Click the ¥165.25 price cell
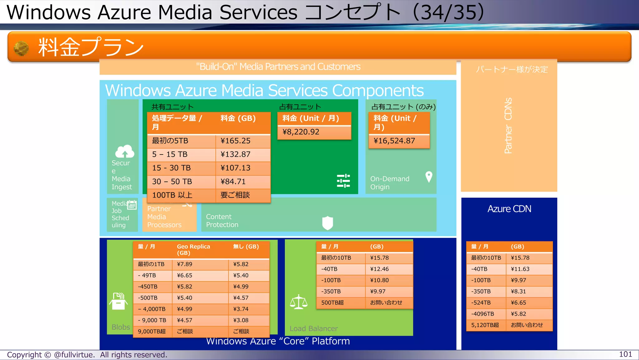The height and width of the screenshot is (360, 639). coord(236,141)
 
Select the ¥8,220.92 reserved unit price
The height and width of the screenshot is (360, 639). coord(301,132)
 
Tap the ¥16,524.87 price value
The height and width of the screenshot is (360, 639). coord(394,141)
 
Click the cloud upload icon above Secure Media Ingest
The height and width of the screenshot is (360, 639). coord(124,151)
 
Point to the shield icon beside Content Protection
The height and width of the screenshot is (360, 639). coord(328,223)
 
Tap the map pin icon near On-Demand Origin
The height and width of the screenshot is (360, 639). coord(429,177)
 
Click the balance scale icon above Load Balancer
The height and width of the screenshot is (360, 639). coord(299,302)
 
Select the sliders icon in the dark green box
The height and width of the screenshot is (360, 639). coord(343,181)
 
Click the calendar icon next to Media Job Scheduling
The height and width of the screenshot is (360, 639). coord(132,205)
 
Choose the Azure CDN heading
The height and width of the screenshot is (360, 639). coord(509,209)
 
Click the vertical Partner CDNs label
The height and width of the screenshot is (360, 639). coord(508,126)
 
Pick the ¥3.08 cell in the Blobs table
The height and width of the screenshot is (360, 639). coord(241,320)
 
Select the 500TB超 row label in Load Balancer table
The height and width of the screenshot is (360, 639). coord(333,303)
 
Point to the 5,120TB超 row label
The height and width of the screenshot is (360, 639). coord(485,325)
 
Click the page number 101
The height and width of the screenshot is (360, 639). coord(625,354)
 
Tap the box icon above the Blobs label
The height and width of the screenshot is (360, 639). coord(118,301)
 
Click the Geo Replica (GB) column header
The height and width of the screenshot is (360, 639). coord(193,249)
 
